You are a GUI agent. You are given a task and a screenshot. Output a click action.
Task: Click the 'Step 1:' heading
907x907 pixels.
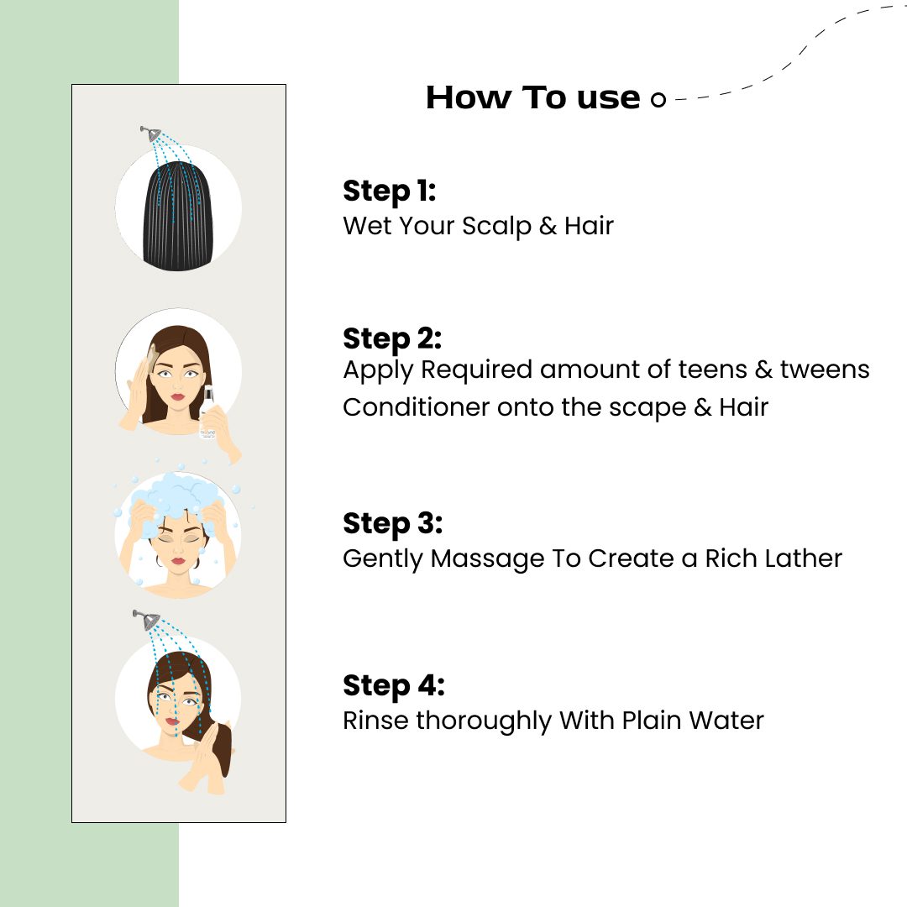389,191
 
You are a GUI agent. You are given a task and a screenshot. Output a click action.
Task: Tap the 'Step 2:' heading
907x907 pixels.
392,339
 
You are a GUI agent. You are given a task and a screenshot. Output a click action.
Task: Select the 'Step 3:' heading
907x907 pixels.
393,524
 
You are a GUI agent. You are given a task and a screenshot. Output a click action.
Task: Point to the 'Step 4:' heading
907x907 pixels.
394,686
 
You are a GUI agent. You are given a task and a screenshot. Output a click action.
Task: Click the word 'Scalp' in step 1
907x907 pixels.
496,227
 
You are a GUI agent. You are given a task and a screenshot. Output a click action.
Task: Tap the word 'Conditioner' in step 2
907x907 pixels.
416,407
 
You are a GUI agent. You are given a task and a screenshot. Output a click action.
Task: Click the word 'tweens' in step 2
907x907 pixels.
825,370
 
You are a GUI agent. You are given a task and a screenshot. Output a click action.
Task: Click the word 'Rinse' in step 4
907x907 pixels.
375,721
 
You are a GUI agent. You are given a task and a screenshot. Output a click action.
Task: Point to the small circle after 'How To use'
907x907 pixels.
658,100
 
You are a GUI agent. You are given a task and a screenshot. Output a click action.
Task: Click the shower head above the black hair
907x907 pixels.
151,134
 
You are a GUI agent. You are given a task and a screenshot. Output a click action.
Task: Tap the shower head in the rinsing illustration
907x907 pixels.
147,620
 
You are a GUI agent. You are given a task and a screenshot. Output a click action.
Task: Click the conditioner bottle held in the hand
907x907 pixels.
207,412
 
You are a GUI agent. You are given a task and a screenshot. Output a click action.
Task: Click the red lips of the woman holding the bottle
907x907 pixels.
177,396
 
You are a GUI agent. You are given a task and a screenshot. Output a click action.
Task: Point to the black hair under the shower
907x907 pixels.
177,217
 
